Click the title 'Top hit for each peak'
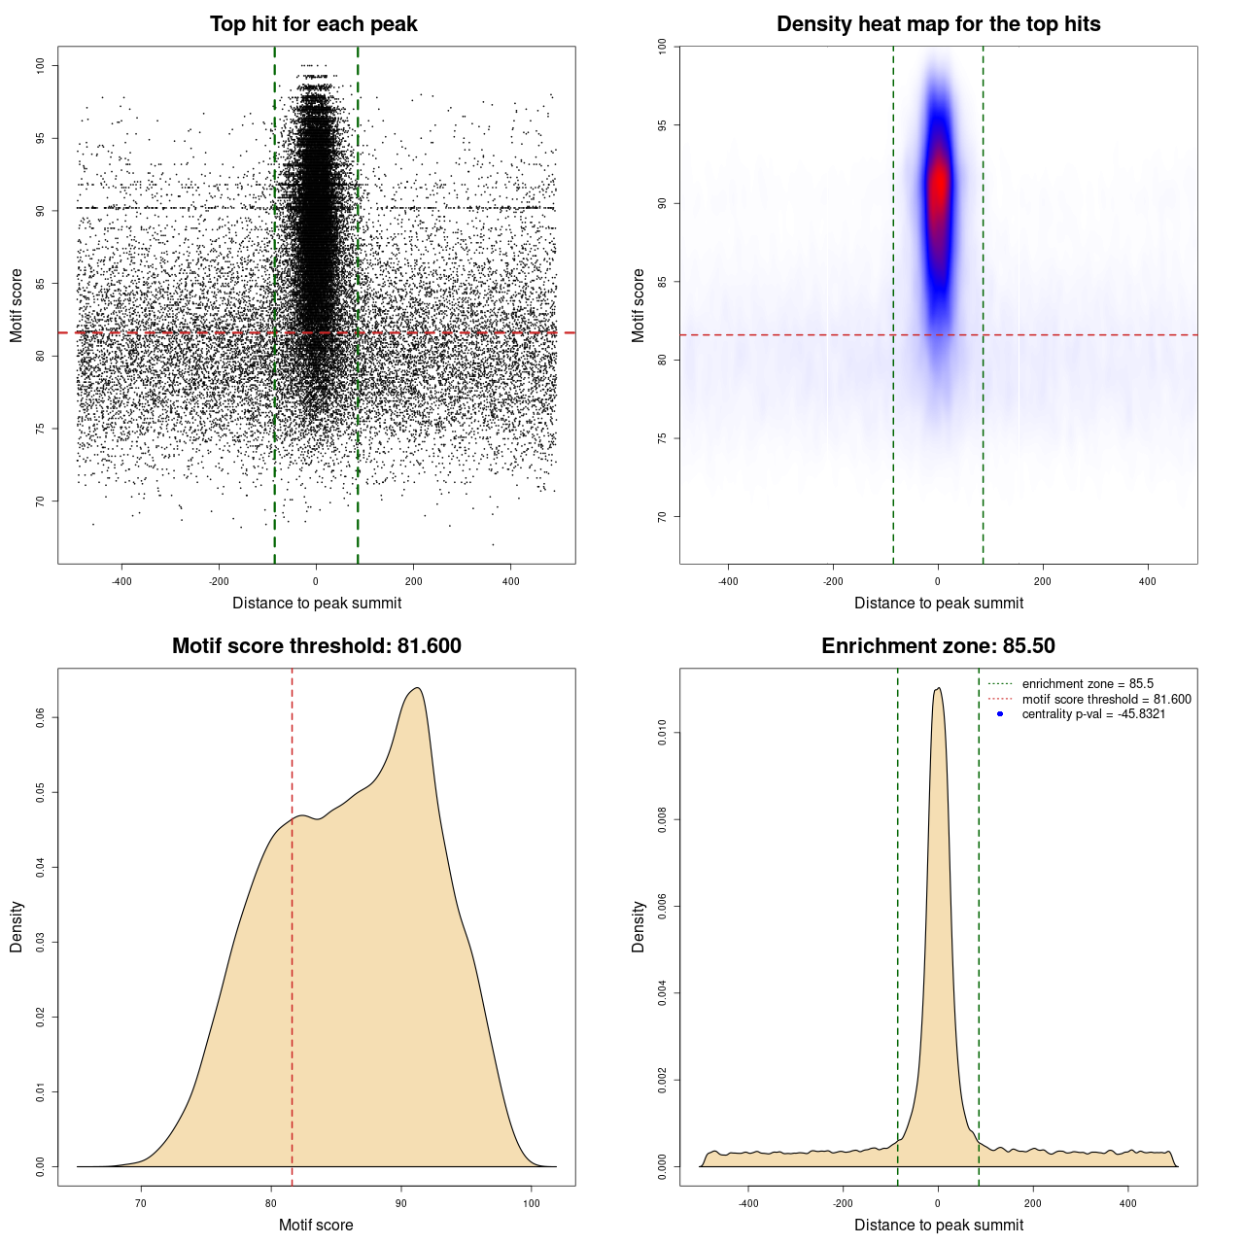coord(313,24)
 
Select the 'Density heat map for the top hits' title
coord(938,24)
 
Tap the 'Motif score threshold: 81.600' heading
coord(316,646)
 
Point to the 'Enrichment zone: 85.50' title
coord(938,646)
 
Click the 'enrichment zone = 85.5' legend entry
coord(1087,684)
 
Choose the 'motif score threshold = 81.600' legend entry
coord(1105,700)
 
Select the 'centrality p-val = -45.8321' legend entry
coord(1092,714)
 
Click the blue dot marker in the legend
coord(1000,714)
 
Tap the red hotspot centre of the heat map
coord(938,185)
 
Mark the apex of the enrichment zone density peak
coord(938,688)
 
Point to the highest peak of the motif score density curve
coord(417,688)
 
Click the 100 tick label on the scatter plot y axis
coord(41,65)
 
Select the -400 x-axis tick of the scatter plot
coord(121,581)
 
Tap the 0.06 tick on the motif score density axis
coord(41,717)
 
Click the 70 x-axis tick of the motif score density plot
coord(142,1203)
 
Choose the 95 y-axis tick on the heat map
coord(663,125)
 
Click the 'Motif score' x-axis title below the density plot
coord(316,1225)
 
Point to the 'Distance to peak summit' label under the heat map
coord(938,603)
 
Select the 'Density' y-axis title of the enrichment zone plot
coord(639,926)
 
